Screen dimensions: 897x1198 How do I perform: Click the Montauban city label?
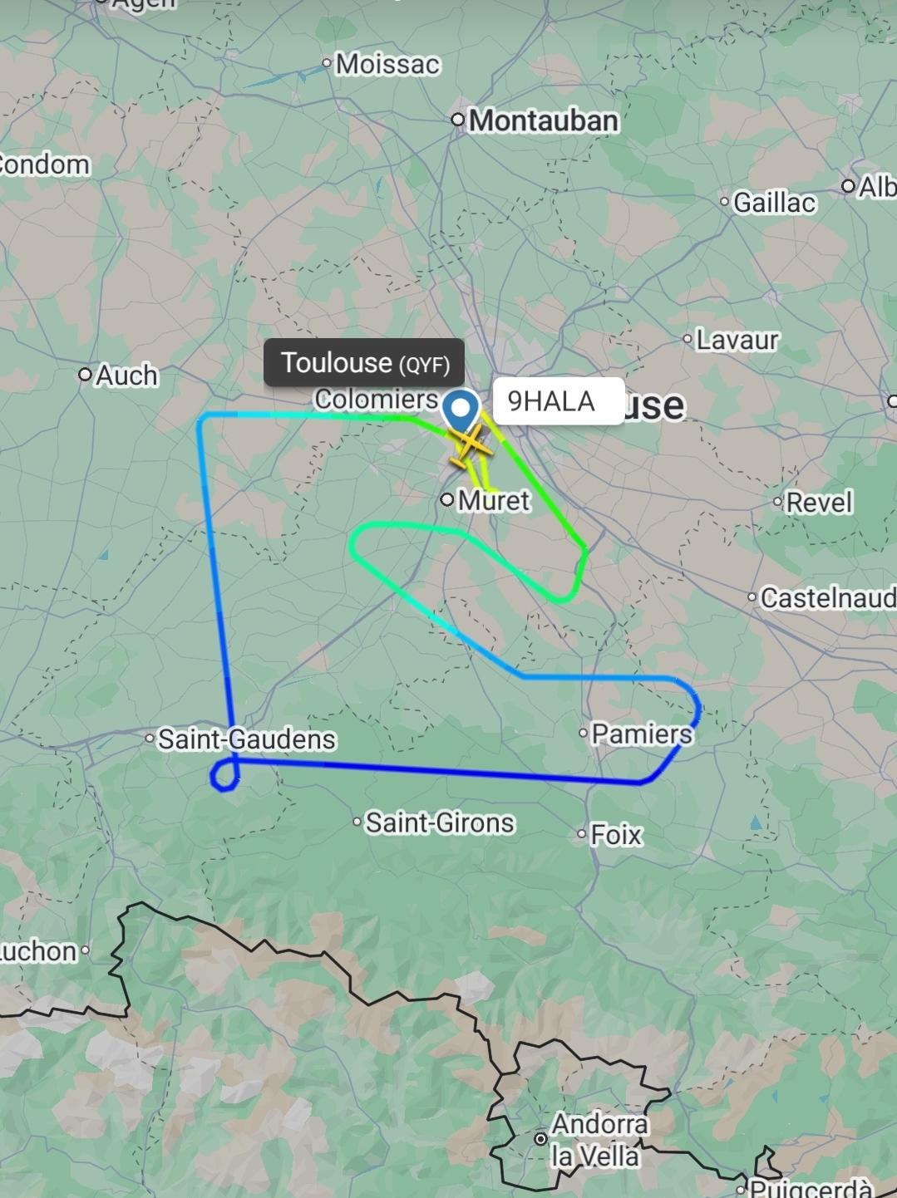544,120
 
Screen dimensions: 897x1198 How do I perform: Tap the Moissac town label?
387,64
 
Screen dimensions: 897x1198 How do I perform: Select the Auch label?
126,376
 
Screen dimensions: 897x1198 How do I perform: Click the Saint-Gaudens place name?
247,739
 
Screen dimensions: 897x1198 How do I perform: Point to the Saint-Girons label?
440,822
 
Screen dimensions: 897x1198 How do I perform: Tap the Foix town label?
616,834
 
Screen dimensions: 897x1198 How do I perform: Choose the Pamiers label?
641,734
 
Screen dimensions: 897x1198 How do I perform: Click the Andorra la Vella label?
595,1140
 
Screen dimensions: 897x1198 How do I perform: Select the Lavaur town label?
737,339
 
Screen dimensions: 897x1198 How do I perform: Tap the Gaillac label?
774,202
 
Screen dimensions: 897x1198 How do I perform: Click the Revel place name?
819,502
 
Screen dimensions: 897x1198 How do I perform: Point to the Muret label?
494,500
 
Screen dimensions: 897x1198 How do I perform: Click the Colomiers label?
376,400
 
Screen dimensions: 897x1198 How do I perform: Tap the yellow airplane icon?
471,446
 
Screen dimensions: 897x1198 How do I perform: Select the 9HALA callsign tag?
552,401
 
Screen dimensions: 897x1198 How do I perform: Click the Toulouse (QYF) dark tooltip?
364,362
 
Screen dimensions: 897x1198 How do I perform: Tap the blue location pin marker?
460,410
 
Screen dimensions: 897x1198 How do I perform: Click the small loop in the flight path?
224,776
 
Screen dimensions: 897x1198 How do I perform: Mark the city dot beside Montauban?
458,120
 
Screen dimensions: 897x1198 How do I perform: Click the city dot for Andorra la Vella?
540,1138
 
